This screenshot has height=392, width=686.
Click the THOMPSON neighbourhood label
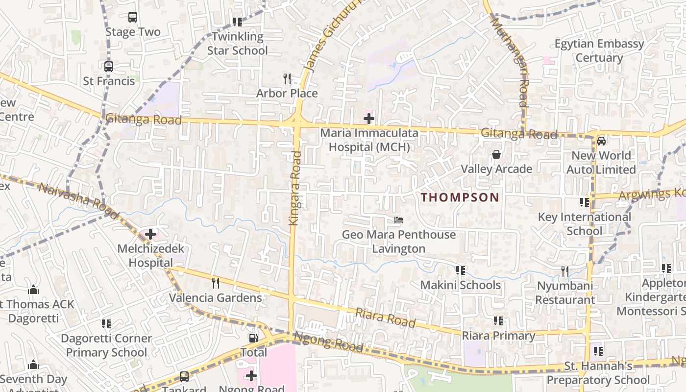tap(460, 197)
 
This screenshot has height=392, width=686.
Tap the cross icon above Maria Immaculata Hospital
tap(368, 118)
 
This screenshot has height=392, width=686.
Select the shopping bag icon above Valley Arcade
tap(496, 154)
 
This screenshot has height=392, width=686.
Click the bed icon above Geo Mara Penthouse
tap(399, 220)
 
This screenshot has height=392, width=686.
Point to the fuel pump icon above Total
tap(253, 338)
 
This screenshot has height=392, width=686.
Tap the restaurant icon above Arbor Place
tap(287, 78)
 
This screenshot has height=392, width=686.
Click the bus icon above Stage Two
tap(132, 17)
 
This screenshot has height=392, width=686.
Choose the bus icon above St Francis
tap(109, 66)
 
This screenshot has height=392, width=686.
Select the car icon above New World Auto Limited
tap(601, 141)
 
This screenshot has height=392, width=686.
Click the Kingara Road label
tap(295, 189)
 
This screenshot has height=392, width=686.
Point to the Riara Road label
tap(385, 318)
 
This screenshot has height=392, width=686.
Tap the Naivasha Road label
tap(78, 200)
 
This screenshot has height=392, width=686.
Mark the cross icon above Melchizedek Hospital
tap(150, 234)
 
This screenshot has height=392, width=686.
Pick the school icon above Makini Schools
tap(460, 270)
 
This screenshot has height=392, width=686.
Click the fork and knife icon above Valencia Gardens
tap(215, 283)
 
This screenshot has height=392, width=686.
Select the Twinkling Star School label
tap(238, 43)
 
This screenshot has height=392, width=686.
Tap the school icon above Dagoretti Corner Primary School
tap(106, 324)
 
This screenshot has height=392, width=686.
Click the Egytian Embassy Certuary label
tap(599, 50)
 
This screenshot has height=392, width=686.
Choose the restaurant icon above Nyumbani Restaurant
tap(565, 271)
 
